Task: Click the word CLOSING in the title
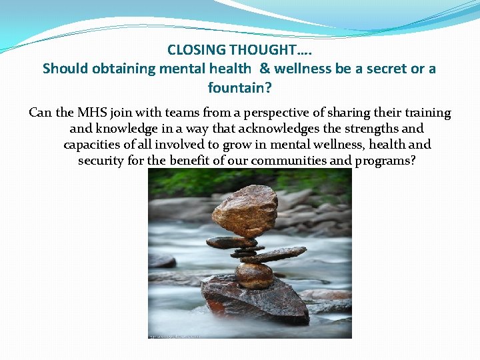(193, 49)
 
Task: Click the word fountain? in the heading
(239, 87)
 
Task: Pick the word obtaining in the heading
(125, 69)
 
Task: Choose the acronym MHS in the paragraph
(81, 113)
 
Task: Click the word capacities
(93, 145)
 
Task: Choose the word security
(103, 161)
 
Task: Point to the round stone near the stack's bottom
(254, 275)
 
